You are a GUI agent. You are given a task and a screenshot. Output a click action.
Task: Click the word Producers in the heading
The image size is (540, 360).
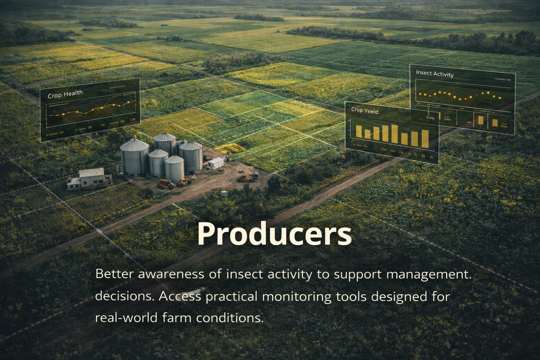274,234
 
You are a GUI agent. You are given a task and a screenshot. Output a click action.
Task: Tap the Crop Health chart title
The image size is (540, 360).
65,94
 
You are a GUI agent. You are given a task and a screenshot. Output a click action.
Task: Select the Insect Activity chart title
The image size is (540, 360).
435,73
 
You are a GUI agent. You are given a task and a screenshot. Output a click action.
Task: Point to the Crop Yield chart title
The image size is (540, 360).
365,110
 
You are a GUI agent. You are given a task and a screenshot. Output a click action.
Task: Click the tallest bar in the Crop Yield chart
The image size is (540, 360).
394,134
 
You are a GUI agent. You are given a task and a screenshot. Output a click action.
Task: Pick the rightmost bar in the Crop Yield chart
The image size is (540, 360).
425,139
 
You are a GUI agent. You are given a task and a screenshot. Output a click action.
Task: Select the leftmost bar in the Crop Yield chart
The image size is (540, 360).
359,131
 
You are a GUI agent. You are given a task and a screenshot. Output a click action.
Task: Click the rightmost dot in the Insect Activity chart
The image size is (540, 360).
500,98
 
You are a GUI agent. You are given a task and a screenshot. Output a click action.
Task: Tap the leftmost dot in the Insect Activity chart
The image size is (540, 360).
420,94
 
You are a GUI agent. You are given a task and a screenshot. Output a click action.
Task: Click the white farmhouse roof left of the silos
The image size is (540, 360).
91,173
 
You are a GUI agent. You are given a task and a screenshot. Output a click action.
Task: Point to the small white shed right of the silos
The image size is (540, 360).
216,163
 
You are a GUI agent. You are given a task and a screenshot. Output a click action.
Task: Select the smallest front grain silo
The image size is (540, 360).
174,169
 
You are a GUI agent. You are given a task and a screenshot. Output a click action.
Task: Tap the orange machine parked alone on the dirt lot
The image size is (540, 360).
247,178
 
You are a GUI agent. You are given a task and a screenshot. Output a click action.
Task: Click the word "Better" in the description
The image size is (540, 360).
115,274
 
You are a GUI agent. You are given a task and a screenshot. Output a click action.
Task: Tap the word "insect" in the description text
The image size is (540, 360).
244,274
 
